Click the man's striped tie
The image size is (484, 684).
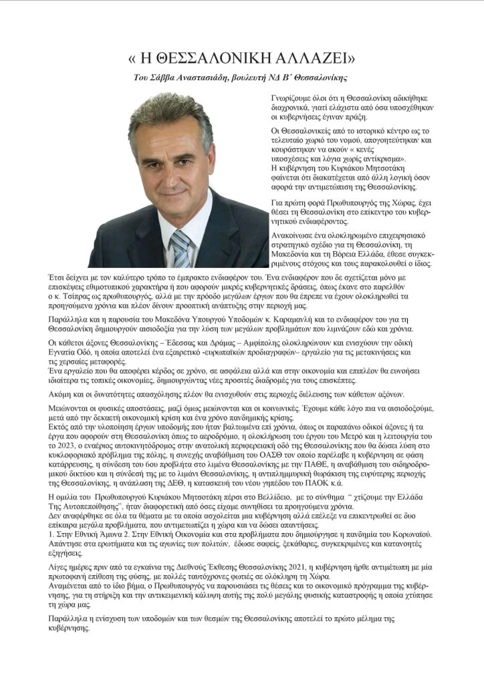click(181, 247)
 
